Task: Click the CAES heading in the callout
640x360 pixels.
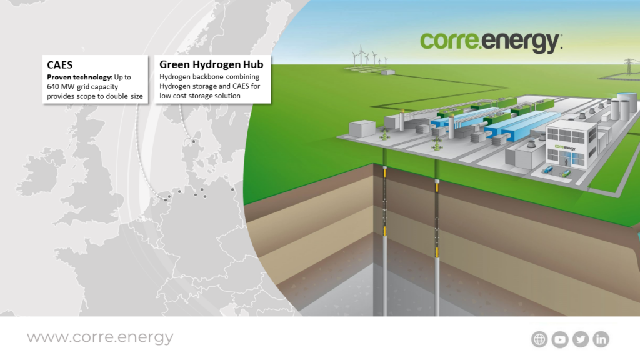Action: coord(59,65)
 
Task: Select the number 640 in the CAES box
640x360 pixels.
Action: coord(53,86)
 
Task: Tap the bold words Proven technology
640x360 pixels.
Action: coord(79,77)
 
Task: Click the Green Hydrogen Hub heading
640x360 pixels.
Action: coord(211,64)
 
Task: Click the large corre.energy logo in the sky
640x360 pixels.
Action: coord(491,42)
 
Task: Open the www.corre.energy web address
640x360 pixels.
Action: coord(101,337)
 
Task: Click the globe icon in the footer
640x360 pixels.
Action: coord(539,339)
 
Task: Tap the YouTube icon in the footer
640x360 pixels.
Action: coord(560,339)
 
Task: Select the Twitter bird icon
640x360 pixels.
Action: coord(581,339)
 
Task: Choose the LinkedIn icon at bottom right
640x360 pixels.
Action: coord(601,339)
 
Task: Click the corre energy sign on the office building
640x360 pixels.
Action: coord(565,147)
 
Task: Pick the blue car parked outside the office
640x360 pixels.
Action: coord(548,169)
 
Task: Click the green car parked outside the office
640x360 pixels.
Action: coord(566,174)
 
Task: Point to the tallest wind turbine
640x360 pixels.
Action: coord(361,55)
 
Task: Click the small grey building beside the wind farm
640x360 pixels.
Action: coord(387,72)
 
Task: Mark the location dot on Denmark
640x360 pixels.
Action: coord(194,142)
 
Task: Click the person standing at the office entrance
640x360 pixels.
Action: coord(566,162)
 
